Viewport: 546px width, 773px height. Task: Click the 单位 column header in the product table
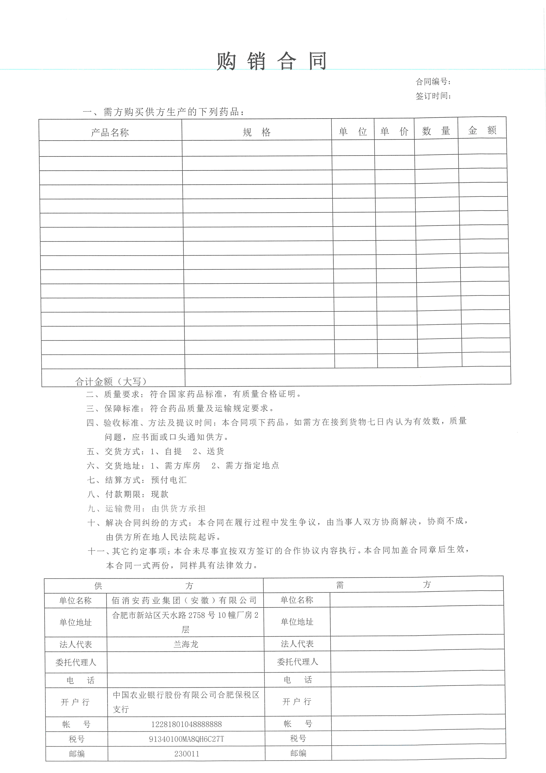click(353, 131)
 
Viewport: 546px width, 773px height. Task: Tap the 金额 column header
click(482, 130)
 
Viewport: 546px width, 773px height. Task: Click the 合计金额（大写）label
click(111, 381)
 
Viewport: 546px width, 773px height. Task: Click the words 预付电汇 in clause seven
click(169, 480)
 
